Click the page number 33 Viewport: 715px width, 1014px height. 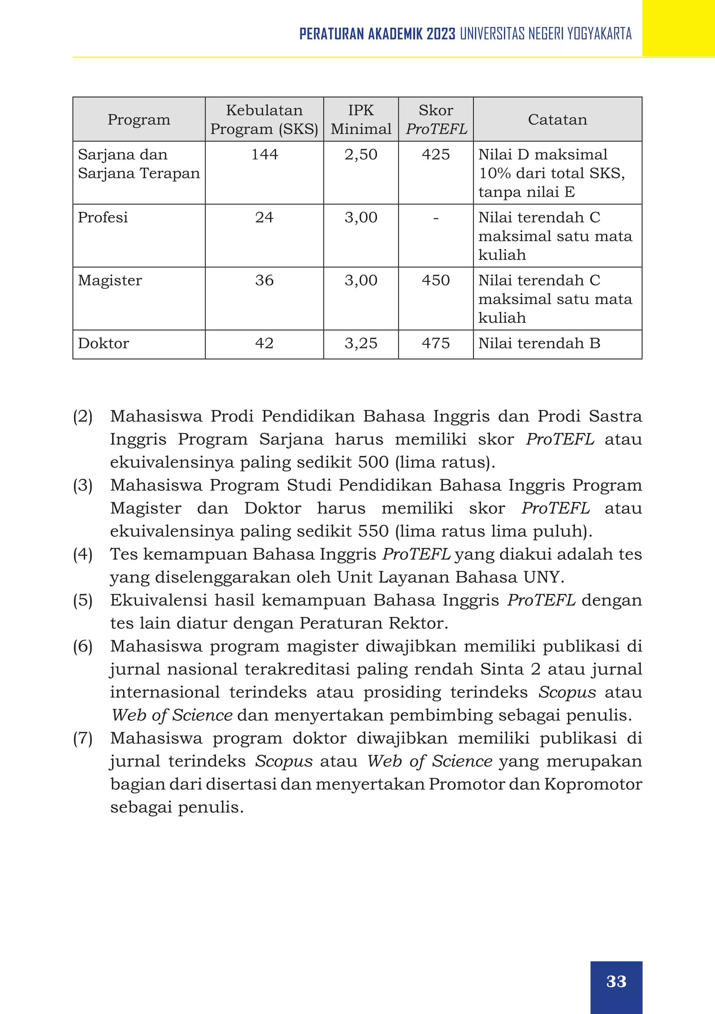click(616, 981)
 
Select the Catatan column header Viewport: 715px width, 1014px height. click(557, 120)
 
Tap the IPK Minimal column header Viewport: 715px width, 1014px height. click(361, 120)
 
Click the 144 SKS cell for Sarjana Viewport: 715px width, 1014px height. click(264, 155)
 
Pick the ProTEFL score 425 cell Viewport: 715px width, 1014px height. click(435, 155)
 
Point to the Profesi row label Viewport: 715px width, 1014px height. click(103, 217)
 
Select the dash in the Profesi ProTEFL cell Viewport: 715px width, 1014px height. click(436, 218)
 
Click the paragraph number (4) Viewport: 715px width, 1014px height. click(83, 554)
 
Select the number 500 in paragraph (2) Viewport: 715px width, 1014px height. click(374, 462)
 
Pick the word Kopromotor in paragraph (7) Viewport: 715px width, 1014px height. click(592, 784)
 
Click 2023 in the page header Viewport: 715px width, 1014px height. click(441, 34)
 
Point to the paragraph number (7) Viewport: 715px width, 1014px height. click(83, 738)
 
